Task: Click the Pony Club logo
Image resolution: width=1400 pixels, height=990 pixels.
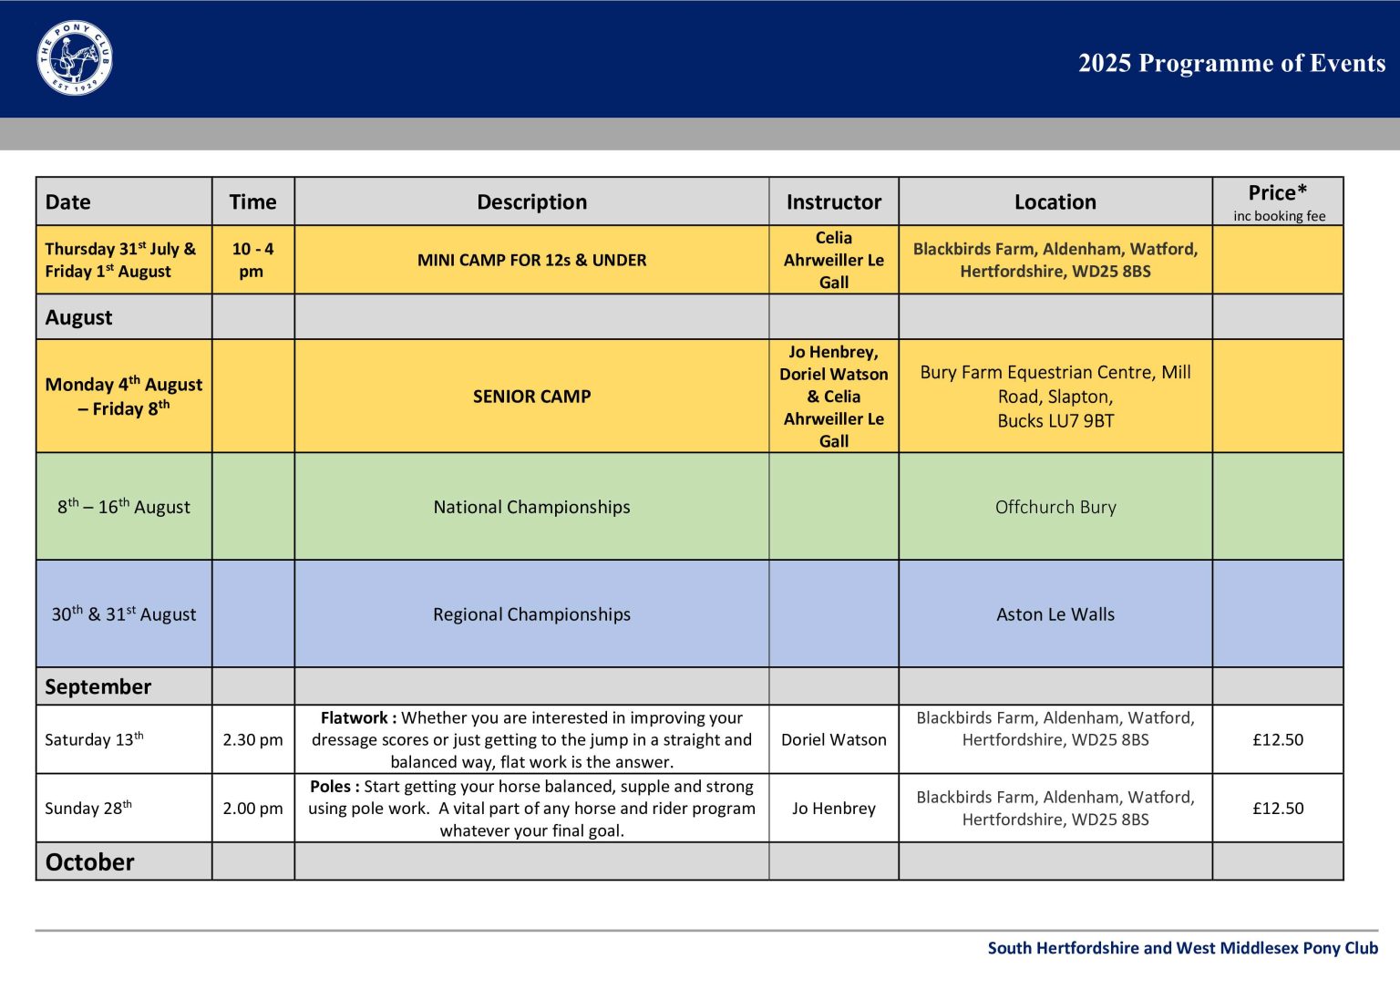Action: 75,58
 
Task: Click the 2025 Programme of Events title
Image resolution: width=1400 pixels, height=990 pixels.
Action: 1231,63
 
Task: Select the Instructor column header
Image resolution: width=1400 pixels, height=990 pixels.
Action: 833,201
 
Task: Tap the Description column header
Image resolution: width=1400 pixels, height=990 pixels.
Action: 532,201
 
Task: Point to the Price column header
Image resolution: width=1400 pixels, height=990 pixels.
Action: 1278,201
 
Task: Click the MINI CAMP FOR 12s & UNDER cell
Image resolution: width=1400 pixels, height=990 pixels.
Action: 532,260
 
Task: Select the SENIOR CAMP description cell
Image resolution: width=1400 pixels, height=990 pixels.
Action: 532,397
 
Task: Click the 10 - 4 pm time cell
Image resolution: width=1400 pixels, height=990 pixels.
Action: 252,260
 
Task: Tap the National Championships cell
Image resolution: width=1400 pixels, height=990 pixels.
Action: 532,507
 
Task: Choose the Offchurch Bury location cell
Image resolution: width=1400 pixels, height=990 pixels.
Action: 1055,507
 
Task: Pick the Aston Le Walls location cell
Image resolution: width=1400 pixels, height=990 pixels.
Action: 1055,614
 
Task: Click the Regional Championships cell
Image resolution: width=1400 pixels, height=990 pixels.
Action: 532,614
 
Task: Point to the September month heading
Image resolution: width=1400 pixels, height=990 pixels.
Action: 98,686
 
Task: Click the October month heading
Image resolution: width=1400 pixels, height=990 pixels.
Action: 90,861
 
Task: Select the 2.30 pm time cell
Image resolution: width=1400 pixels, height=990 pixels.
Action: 252,740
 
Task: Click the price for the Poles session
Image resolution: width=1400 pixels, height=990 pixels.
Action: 1278,808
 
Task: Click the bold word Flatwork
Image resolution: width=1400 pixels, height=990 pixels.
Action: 355,717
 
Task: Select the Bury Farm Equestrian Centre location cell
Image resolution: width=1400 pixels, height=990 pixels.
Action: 1055,397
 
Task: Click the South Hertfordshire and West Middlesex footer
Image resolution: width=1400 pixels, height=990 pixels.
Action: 1182,948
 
